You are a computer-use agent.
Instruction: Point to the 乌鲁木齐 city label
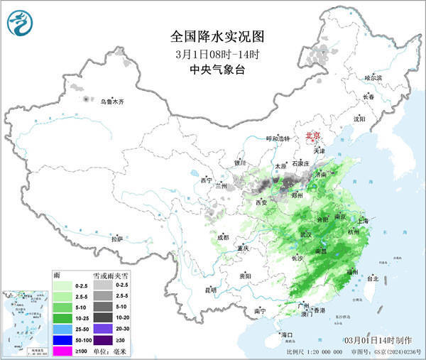(111, 102)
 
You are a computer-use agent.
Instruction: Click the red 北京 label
(313, 134)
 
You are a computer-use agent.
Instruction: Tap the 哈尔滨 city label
(373, 77)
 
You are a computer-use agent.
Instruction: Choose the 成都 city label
(224, 236)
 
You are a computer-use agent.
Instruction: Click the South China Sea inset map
(25, 317)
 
